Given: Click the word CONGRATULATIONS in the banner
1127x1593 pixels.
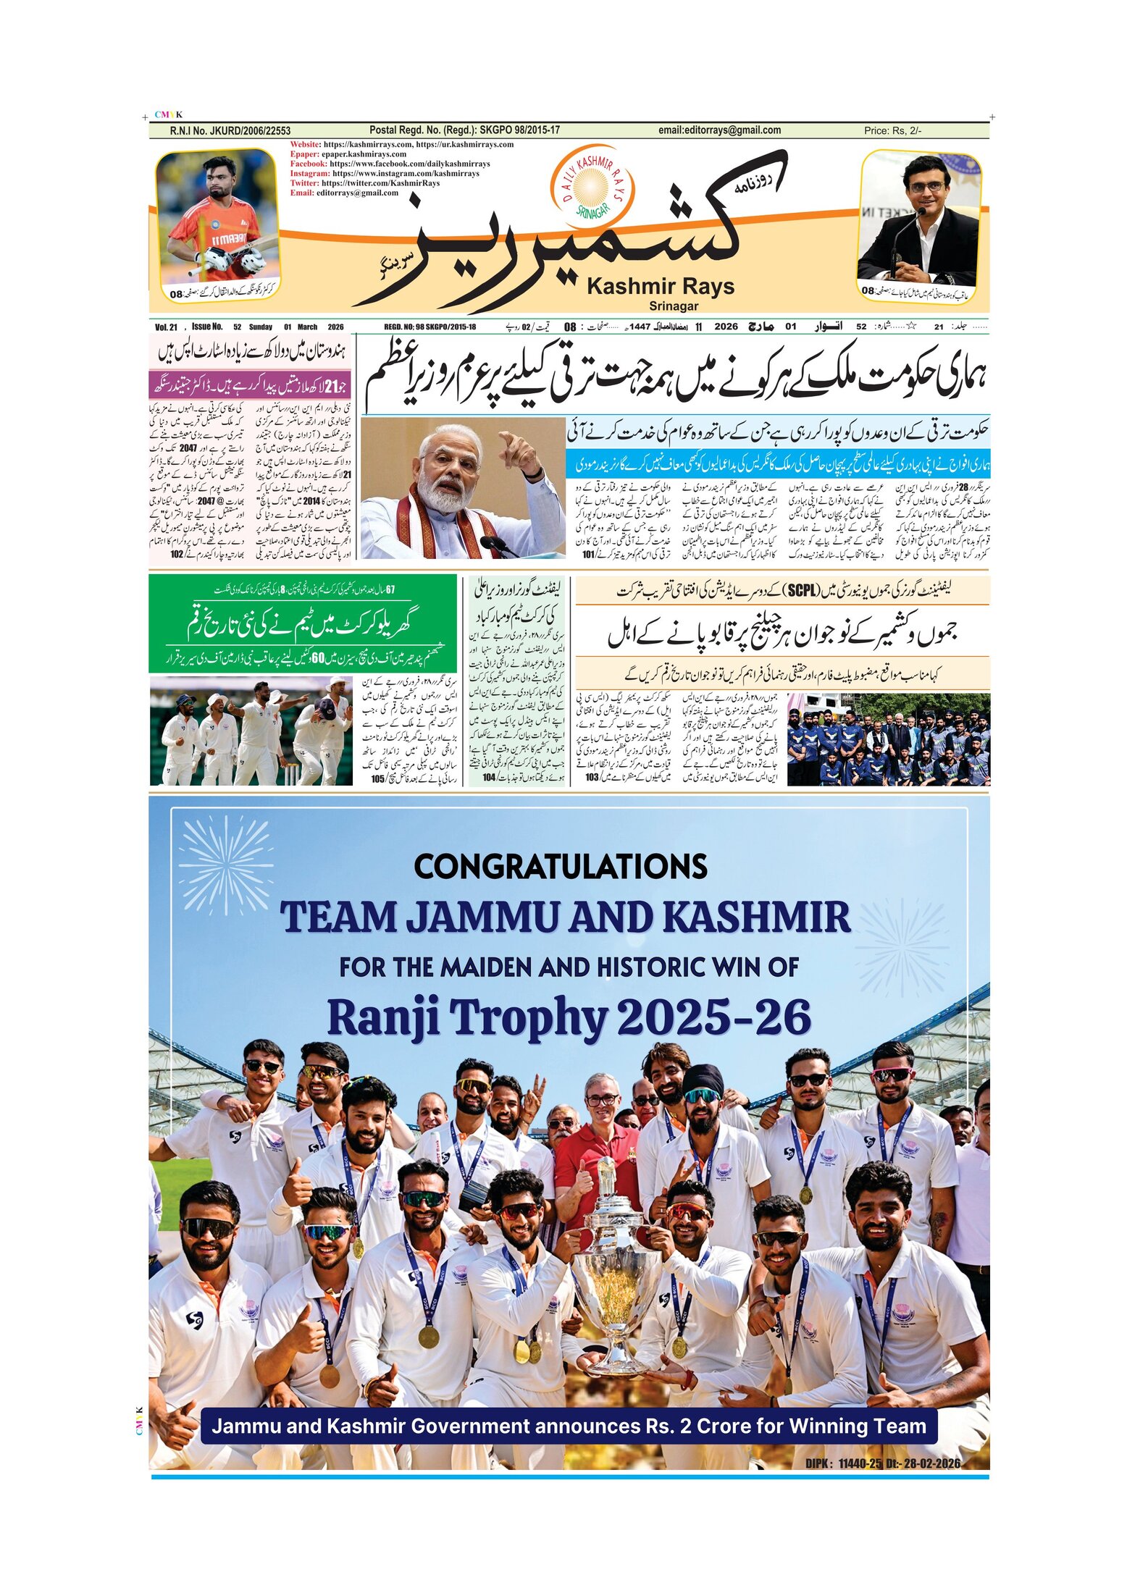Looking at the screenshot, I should pos(560,867).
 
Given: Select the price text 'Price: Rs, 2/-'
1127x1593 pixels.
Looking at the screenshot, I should pos(892,131).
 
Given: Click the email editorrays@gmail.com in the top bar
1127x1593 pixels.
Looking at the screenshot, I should pos(719,130).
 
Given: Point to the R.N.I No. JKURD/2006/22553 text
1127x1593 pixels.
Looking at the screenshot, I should pos(230,131).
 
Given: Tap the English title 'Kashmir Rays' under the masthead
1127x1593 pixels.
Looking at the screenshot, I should pos(661,287).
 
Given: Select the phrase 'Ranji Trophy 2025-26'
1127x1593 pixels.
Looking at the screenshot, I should pos(569,1018).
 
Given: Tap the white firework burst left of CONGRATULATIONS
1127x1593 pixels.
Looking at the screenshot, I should pos(225,866).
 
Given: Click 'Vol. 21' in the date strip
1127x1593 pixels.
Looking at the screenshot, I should pos(166,327).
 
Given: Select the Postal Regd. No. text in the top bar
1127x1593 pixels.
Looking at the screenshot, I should pos(464,130).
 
